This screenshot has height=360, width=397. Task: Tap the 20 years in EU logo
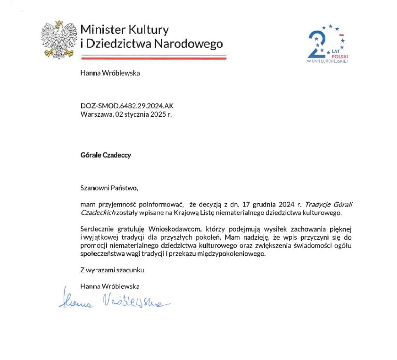point(327,44)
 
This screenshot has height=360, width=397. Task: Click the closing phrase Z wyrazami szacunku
point(112,270)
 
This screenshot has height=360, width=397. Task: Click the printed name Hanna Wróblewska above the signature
point(110,286)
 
